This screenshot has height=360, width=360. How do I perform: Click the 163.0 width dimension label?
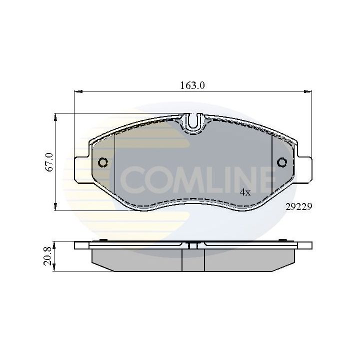[x=192, y=85]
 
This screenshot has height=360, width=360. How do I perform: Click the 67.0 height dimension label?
[x=49, y=162]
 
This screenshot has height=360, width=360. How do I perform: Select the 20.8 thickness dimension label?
[x=49, y=256]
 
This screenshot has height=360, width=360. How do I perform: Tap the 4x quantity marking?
[x=244, y=192]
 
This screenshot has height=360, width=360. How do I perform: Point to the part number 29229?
[x=298, y=205]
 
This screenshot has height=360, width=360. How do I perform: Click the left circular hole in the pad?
[x=103, y=162]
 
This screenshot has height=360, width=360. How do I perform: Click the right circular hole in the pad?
[x=281, y=162]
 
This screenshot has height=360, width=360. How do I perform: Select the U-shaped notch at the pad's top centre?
[x=193, y=122]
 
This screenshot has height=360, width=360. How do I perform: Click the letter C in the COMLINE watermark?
[x=131, y=179]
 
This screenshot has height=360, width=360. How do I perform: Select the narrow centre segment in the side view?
[x=193, y=260]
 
